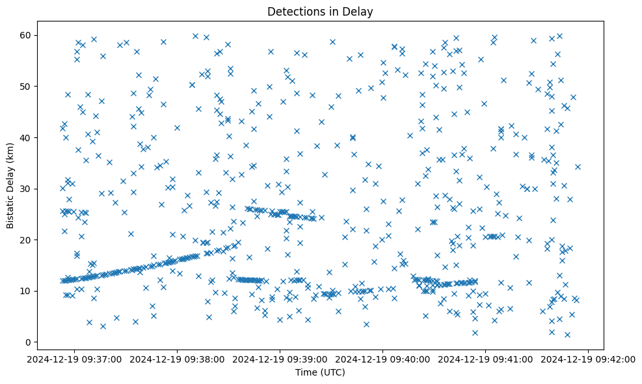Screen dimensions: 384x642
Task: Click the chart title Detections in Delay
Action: [x=320, y=11]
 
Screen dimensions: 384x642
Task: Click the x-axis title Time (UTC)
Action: [x=320, y=373]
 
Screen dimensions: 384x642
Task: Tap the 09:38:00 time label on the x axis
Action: [x=178, y=359]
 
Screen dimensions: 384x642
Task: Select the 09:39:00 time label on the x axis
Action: [x=280, y=359]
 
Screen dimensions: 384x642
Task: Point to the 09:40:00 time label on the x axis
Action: [x=383, y=359]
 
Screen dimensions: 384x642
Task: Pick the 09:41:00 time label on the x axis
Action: [x=486, y=359]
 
